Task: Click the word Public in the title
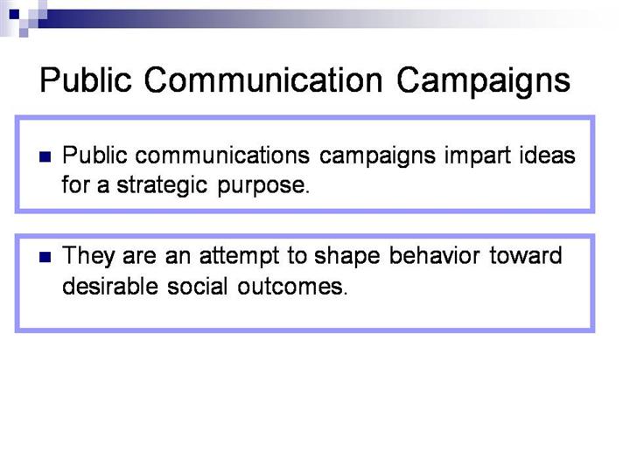[86, 80]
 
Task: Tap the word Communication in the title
[263, 80]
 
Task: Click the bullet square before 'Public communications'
[45, 156]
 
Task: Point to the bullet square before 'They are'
[45, 257]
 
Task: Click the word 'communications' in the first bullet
[222, 156]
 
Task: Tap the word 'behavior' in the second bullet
[434, 255]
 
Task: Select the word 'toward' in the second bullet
[526, 256]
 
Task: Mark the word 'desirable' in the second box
[110, 286]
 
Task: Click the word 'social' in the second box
[197, 286]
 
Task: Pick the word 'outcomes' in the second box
[291, 287]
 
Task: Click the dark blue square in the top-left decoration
[14, 15]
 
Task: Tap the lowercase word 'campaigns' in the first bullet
[378, 157]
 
